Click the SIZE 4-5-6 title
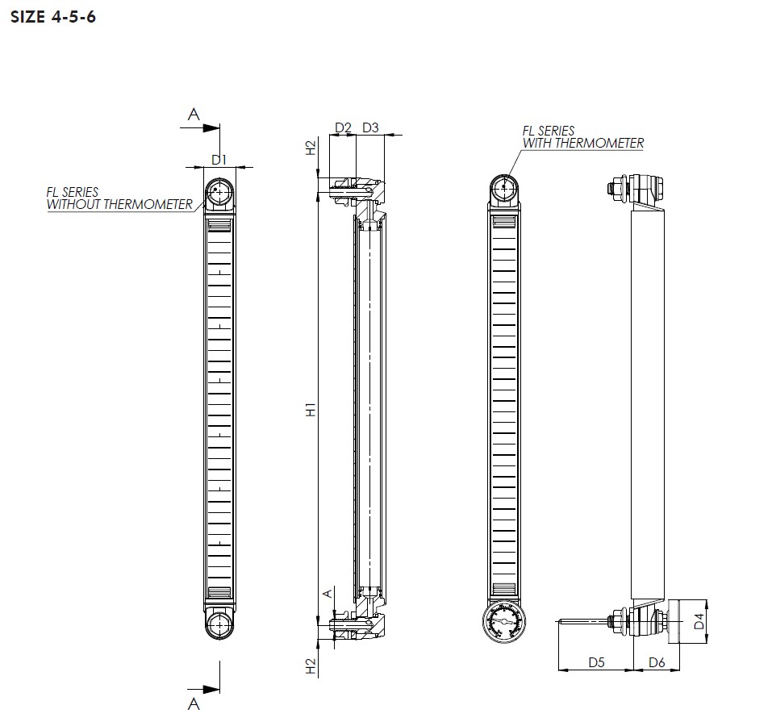(53, 17)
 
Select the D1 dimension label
(219, 160)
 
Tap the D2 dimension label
(343, 127)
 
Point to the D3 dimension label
(370, 127)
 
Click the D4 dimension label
(699, 622)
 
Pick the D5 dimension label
(596, 662)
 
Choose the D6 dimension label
(657, 662)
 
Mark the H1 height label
(311, 409)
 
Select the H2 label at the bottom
(311, 666)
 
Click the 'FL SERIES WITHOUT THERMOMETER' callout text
(119, 198)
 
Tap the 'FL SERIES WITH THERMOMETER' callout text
(582, 137)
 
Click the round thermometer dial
(504, 623)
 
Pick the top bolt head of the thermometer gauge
(504, 188)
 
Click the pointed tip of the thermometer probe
(558, 621)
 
